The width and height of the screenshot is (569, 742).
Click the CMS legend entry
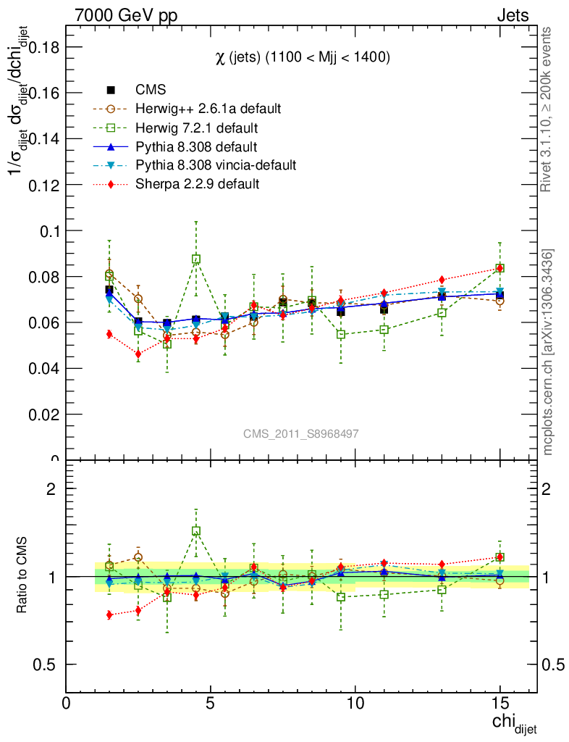[x=151, y=90]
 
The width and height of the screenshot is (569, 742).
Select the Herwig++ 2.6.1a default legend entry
[x=208, y=109]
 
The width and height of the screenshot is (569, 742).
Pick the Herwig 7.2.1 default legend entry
[x=197, y=128]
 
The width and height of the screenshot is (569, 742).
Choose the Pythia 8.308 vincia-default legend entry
[x=216, y=165]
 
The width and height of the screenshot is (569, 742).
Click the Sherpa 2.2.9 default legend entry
[x=197, y=184]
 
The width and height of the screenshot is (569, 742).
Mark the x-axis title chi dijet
[x=514, y=723]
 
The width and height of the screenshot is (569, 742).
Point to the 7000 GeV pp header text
[x=126, y=15]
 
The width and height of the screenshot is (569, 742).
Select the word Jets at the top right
[x=513, y=15]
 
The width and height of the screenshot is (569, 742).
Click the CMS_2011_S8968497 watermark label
[x=300, y=433]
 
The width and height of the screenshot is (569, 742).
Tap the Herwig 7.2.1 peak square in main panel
[x=196, y=259]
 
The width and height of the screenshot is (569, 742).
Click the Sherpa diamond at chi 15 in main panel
[x=500, y=268]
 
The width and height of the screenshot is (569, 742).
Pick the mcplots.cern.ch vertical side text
[x=549, y=352]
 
